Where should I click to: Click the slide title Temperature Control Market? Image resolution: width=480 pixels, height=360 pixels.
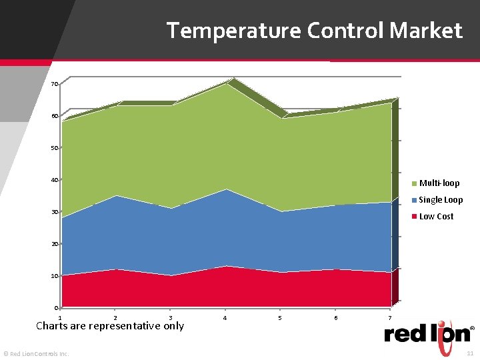tap(314, 31)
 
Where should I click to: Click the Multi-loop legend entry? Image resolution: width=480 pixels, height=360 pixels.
tap(439, 183)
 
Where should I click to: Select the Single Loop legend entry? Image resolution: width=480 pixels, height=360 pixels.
tap(440, 200)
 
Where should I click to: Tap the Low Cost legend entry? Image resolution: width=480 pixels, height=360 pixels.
tap(436, 217)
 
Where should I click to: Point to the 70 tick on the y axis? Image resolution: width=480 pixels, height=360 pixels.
tap(54, 84)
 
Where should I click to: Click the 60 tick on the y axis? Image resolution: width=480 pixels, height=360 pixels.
tap(54, 116)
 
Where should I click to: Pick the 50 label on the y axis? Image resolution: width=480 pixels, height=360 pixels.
tap(54, 148)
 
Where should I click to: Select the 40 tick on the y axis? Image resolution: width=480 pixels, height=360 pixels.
tap(54, 180)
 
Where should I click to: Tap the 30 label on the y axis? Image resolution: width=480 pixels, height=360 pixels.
tap(54, 212)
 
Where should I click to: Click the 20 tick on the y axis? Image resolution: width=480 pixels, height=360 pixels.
tap(54, 244)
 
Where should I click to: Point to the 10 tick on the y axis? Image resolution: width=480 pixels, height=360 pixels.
tap(54, 276)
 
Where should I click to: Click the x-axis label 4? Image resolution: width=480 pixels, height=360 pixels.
tap(225, 318)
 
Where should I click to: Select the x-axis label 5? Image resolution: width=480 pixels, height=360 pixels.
tap(280, 318)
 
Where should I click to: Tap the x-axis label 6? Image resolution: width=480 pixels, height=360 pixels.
tap(335, 318)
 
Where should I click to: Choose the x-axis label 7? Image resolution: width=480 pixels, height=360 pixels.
tap(390, 318)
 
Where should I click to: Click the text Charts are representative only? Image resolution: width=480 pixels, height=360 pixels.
tap(110, 326)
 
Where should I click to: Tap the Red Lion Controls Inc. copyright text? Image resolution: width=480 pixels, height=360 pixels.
tap(36, 353)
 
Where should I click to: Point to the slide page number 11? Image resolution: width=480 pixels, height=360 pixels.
tap(470, 353)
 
